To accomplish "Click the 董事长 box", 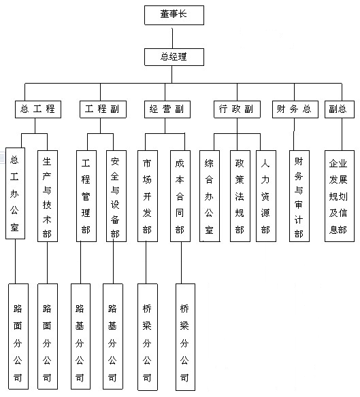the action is click(174, 15).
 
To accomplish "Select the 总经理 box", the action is click(174, 57).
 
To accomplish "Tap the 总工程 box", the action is click(38, 109).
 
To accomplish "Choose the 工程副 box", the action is click(103, 109).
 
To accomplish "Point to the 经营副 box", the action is click(167, 109).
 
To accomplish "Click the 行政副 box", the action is click(237, 109).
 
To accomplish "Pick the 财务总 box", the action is click(295, 109).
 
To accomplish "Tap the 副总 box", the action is click(340, 109).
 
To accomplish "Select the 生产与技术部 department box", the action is click(48, 196).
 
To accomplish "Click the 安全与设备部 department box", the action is click(116, 196).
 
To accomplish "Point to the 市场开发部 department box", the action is click(148, 196).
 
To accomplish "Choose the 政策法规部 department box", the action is click(240, 196).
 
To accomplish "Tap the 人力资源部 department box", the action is click(266, 196).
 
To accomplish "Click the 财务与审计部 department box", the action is click(299, 196).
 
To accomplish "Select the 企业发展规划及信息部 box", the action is click(340, 196).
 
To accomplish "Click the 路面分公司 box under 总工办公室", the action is click(18, 336).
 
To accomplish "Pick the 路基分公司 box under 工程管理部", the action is click(80, 336).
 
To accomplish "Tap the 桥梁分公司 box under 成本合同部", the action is click(185, 337).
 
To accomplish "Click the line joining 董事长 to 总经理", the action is click(172, 38).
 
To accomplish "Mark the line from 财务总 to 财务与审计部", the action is click(294, 134).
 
